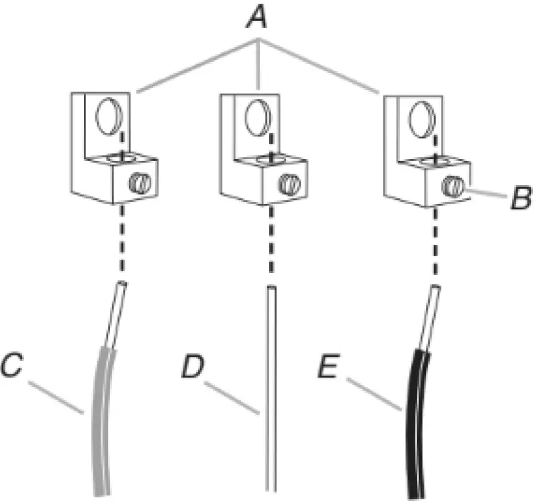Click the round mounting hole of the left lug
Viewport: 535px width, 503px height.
(x=107, y=118)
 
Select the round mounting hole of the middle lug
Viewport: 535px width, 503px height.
(x=256, y=118)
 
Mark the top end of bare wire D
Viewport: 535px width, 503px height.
(x=271, y=290)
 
